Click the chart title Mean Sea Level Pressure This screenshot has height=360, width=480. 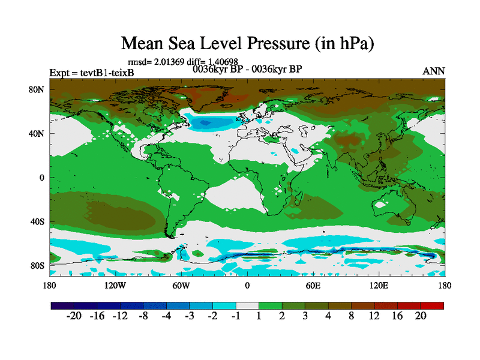(x=248, y=43)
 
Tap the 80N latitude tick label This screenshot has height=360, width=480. (x=38, y=90)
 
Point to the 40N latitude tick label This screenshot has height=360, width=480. (x=38, y=134)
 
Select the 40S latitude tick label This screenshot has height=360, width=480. (x=38, y=221)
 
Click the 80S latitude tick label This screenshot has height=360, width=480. (x=38, y=265)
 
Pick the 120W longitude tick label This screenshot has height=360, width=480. (x=115, y=285)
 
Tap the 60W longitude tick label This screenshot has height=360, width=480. (x=181, y=285)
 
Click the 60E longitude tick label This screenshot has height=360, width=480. (x=313, y=285)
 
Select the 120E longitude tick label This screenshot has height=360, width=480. (x=379, y=285)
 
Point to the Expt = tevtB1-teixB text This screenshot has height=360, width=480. (x=91, y=73)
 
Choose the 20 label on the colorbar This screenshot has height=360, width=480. (x=420, y=316)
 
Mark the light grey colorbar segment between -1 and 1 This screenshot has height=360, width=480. (x=247, y=305)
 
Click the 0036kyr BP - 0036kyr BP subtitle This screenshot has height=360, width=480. (x=247, y=69)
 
